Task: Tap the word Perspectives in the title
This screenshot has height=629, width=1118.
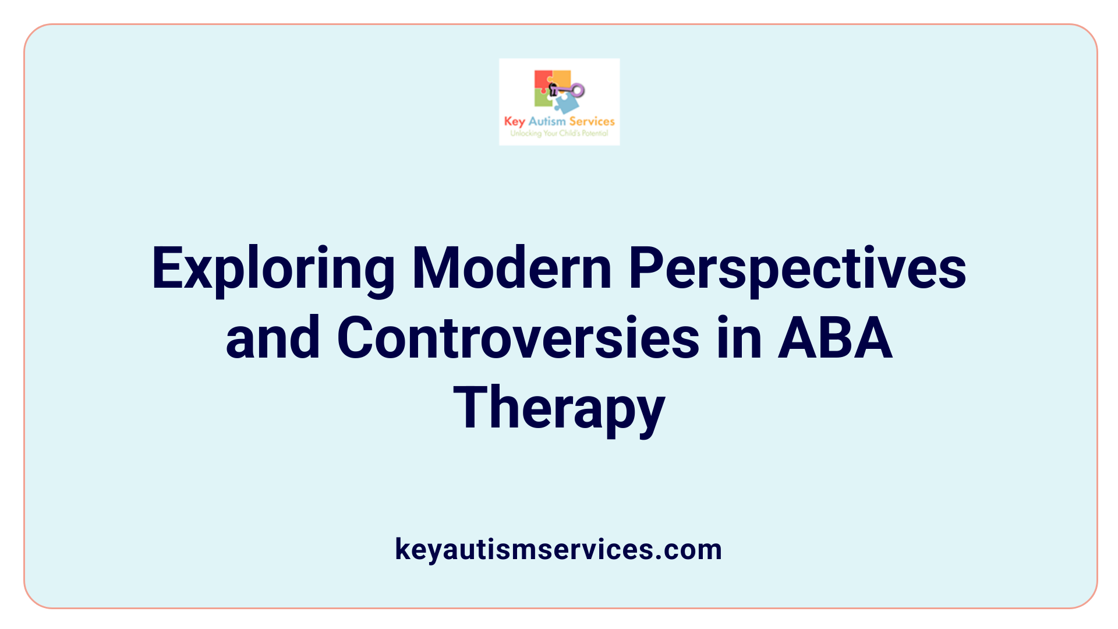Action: tap(797, 269)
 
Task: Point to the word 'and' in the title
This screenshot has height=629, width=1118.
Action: tap(273, 338)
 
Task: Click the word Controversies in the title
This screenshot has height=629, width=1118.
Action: tap(518, 338)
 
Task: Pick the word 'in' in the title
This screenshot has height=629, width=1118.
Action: tap(739, 338)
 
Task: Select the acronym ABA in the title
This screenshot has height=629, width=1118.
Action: tap(835, 338)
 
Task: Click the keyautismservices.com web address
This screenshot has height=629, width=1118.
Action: tap(558, 549)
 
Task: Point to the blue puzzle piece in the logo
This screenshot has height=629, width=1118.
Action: tap(566, 104)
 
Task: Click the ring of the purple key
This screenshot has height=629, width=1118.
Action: tap(578, 90)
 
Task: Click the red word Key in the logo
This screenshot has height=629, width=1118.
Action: tap(514, 122)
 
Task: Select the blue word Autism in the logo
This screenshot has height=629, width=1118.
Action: tap(547, 121)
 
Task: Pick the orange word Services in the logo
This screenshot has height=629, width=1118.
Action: tap(592, 121)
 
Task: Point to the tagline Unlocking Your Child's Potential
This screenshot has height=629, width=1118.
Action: tap(559, 133)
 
